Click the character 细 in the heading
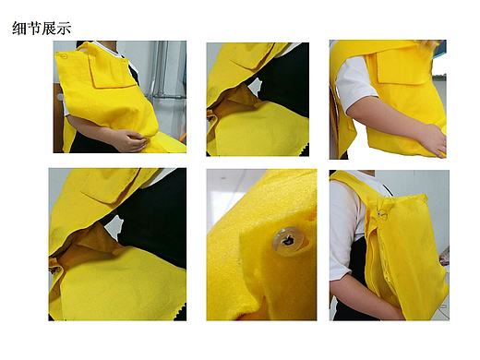19,28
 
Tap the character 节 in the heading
34,28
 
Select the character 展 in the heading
49,28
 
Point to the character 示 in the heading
64,28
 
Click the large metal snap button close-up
288,241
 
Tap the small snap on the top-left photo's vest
64,56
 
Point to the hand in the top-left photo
130,140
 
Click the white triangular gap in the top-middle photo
256,86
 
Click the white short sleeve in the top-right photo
354,83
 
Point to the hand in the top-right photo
434,140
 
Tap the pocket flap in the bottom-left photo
107,186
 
